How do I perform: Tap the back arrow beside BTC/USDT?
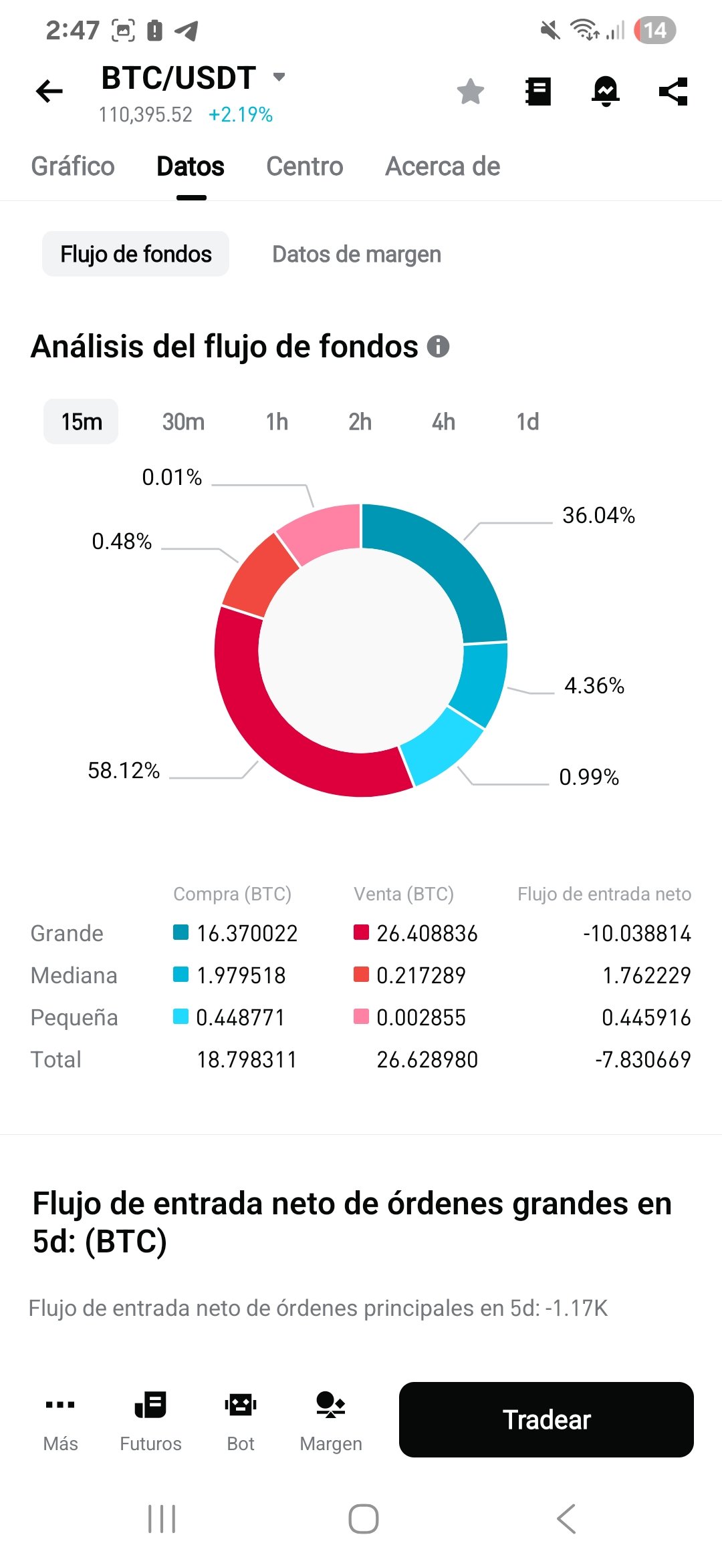pyautogui.click(x=49, y=91)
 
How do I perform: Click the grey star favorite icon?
pyautogui.click(x=471, y=92)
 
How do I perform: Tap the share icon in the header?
pyautogui.click(x=673, y=92)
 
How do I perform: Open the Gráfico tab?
pyautogui.click(x=73, y=166)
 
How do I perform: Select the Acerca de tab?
pyautogui.click(x=443, y=166)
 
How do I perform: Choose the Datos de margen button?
pyautogui.click(x=356, y=254)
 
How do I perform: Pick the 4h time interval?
pyautogui.click(x=443, y=422)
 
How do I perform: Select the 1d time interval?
pyautogui.click(x=527, y=422)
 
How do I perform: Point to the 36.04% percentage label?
pyautogui.click(x=598, y=516)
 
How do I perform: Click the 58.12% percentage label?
pyautogui.click(x=124, y=771)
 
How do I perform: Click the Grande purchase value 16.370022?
pyautogui.click(x=247, y=933)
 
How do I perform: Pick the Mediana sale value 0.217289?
pyautogui.click(x=420, y=975)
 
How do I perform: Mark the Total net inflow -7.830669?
pyautogui.click(x=642, y=1059)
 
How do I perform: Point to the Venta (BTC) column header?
pyautogui.click(x=404, y=894)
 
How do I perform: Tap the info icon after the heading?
pyautogui.click(x=438, y=347)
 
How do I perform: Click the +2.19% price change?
pyautogui.click(x=241, y=115)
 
